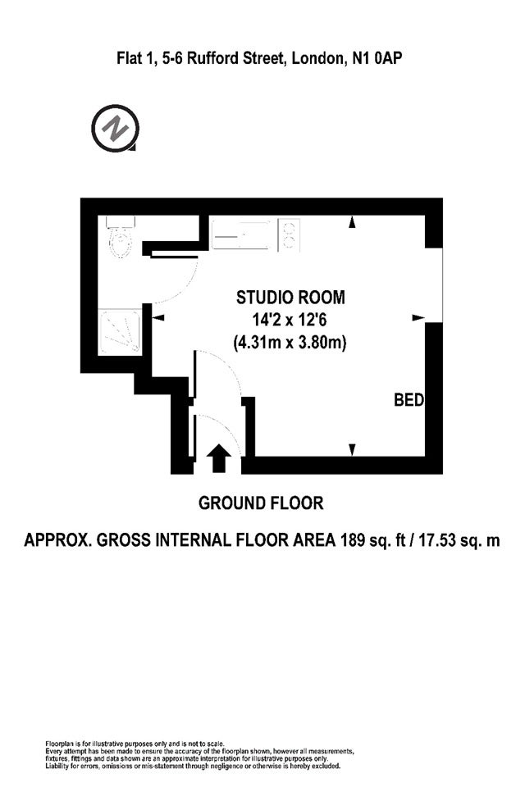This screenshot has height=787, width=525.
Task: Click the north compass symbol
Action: point(115,128)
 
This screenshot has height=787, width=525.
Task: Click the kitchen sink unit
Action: point(240,234)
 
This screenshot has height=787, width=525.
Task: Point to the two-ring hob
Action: point(289,235)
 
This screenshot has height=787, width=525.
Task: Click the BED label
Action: point(409,400)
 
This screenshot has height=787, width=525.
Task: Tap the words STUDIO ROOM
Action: point(290,297)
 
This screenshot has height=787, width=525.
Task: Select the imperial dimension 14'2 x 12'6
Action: point(290,320)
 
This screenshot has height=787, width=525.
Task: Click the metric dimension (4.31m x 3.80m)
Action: point(290,343)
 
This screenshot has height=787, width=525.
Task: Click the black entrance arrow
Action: point(219,457)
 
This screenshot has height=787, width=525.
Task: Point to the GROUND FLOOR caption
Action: point(261,503)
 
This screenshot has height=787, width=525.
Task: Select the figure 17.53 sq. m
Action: point(459,540)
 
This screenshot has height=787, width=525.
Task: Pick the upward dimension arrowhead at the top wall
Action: point(352,222)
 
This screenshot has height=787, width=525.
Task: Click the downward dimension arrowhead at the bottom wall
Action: point(352,450)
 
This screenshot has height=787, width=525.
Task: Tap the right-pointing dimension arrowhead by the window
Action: point(418,318)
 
